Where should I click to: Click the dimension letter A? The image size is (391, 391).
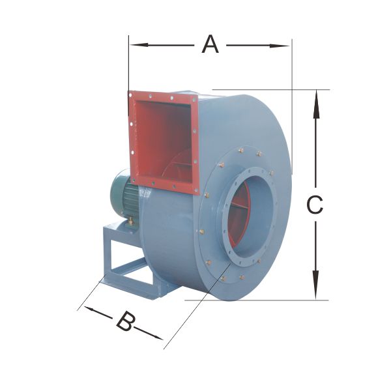[x=210, y=44]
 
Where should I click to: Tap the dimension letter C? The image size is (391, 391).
[x=315, y=205]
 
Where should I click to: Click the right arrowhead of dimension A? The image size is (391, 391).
[x=280, y=46]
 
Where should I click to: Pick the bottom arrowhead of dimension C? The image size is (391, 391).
[x=315, y=285]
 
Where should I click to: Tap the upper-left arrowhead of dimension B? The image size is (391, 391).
[x=89, y=308]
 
